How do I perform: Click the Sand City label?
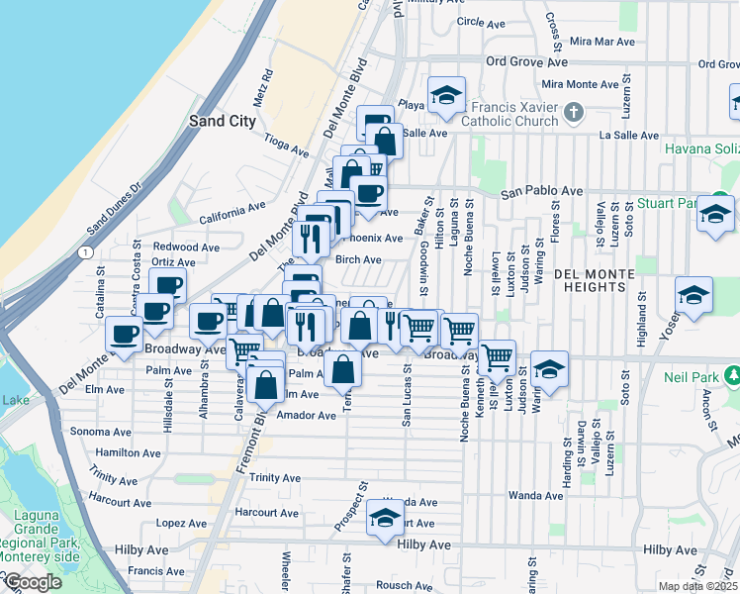click(222, 121)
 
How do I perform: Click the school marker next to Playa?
click(446, 97)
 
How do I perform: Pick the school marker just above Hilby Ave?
click(385, 518)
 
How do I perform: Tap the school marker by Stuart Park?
click(714, 215)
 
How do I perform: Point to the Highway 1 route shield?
click(87, 253)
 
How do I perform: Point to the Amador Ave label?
click(308, 417)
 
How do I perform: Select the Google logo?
click(32, 582)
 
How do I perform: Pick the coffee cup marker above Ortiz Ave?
click(167, 286)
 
